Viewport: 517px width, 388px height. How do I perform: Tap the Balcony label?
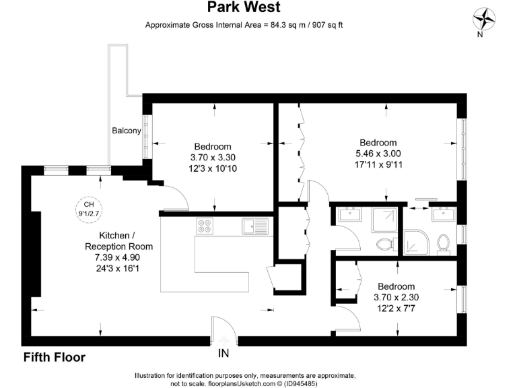(127, 131)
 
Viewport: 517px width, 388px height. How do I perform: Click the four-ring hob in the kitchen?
(205, 226)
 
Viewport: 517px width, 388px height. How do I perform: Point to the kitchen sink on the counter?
(254, 226)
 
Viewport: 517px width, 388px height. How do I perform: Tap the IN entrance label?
(223, 352)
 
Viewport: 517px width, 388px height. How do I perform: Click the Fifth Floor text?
(54, 358)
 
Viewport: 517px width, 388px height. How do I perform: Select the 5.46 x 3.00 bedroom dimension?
(378, 153)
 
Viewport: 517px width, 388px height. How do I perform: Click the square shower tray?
(384, 220)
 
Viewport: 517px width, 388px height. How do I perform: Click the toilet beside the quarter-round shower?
(443, 243)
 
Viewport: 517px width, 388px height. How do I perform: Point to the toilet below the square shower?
(384, 244)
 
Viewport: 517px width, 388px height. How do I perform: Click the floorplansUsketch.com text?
(226, 383)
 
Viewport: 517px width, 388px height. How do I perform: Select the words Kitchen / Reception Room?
(118, 240)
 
